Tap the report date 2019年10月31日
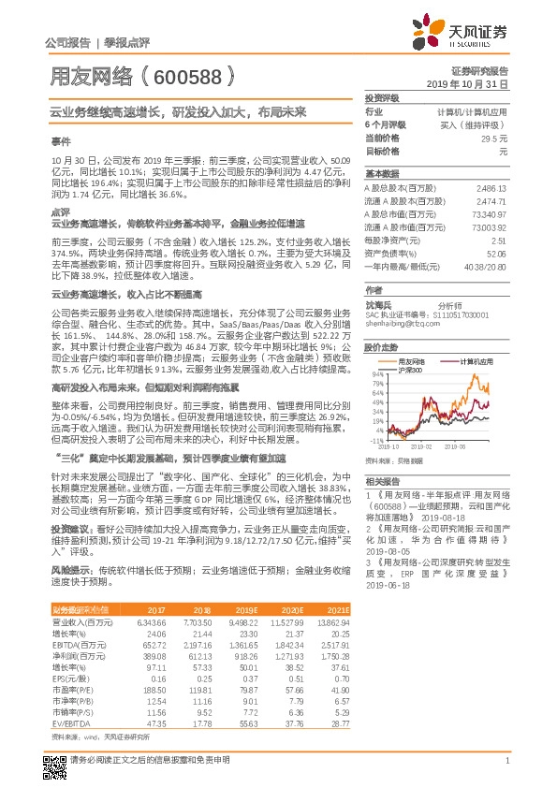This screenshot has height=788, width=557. coord(474,83)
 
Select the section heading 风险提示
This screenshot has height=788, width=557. coord(71,567)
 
